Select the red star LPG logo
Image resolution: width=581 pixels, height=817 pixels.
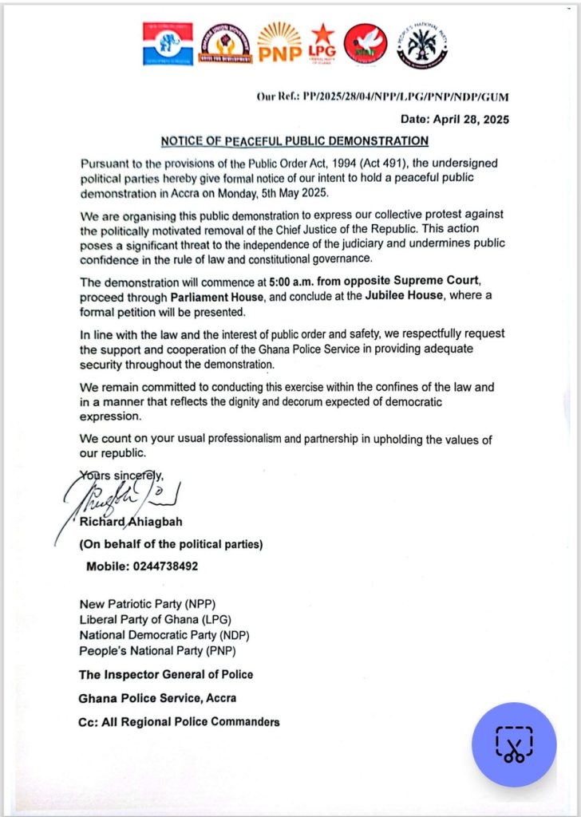click(x=322, y=43)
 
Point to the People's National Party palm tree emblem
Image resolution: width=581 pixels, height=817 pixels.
click(x=421, y=45)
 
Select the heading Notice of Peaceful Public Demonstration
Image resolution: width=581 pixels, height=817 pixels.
click(x=294, y=141)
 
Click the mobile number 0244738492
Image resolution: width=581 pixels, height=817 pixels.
click(x=142, y=566)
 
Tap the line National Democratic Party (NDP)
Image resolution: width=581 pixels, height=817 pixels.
click(x=166, y=635)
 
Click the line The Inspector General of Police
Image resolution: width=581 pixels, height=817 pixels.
click(x=166, y=674)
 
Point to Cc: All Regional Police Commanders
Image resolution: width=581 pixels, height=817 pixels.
click(x=179, y=722)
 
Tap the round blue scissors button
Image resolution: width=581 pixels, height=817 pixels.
click(x=514, y=744)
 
